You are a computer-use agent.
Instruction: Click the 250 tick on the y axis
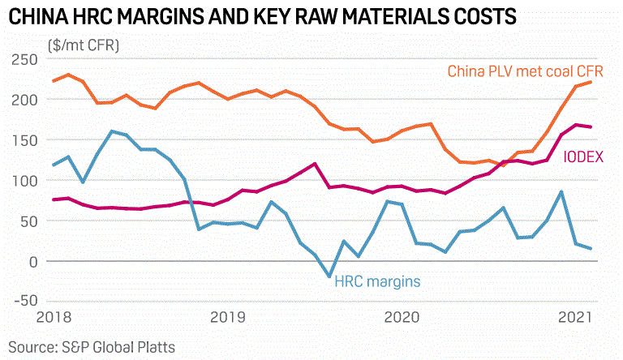coord(24,59)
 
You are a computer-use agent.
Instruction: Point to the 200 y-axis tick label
coord(24,100)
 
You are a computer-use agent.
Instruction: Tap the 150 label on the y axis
coord(24,140)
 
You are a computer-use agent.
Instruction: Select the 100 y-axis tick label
coord(24,181)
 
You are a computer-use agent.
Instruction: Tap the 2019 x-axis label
coord(229,317)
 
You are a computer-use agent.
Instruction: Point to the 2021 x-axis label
coord(574,317)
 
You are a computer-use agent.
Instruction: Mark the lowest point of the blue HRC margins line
coord(329,276)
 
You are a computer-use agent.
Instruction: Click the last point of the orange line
coord(590,82)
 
